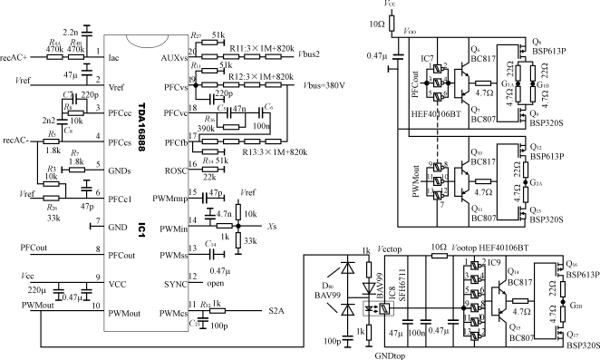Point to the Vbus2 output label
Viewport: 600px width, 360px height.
(310, 54)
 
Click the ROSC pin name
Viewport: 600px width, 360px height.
(170, 170)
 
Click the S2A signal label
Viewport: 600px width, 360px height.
(277, 311)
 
